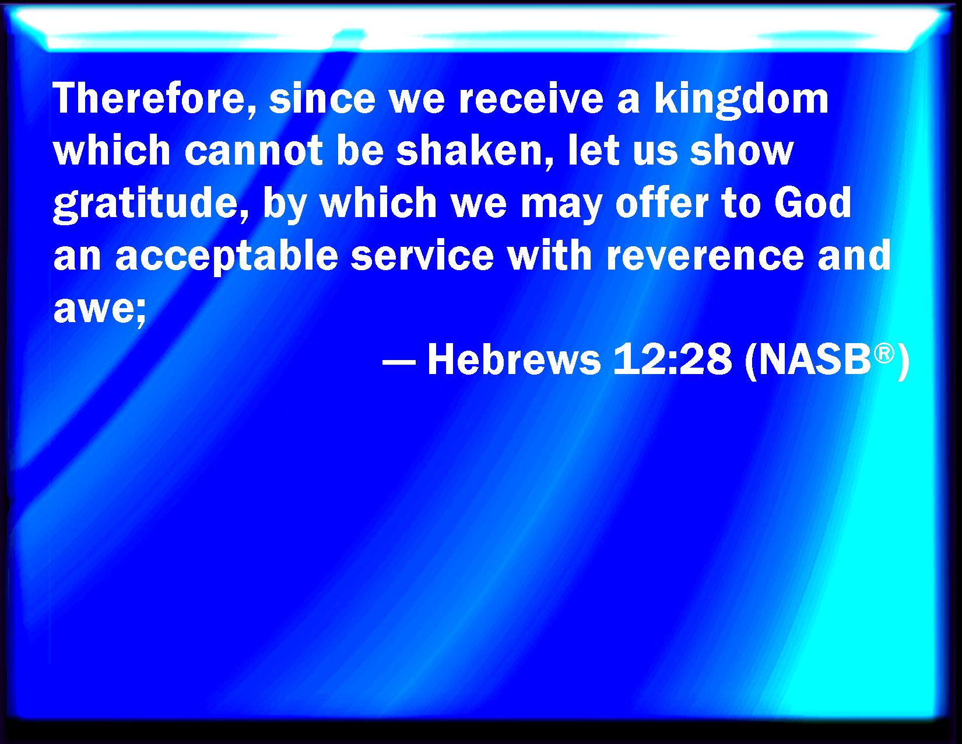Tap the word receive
531,99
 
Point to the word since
322,99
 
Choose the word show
742,150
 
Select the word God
812,202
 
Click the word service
422,255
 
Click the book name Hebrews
514,359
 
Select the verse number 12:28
672,359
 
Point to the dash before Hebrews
398,362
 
